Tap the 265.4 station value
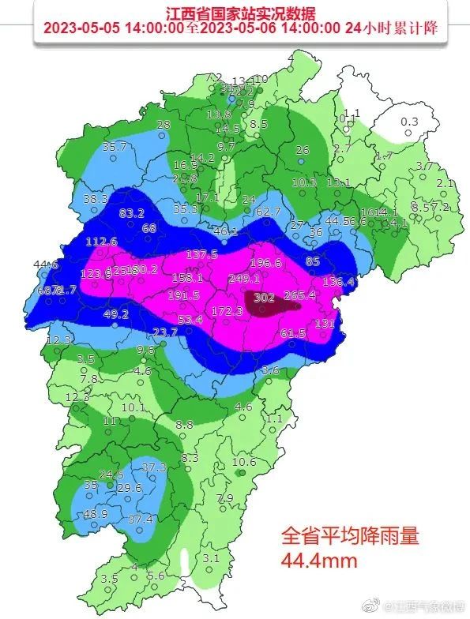tap(299, 294)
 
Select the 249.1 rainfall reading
tap(244, 279)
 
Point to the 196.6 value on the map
tap(265, 263)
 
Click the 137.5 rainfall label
tap(201, 253)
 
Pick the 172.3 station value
tap(227, 311)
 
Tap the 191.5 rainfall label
tap(183, 295)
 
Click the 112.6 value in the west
tap(101, 242)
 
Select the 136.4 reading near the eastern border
tap(339, 281)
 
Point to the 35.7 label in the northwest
tap(115, 146)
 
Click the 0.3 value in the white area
tap(409, 121)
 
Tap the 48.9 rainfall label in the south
tap(95, 514)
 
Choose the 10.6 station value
tap(244, 462)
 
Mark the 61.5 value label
tap(293, 334)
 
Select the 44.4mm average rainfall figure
tap(320, 561)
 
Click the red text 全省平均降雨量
tap(348, 536)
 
